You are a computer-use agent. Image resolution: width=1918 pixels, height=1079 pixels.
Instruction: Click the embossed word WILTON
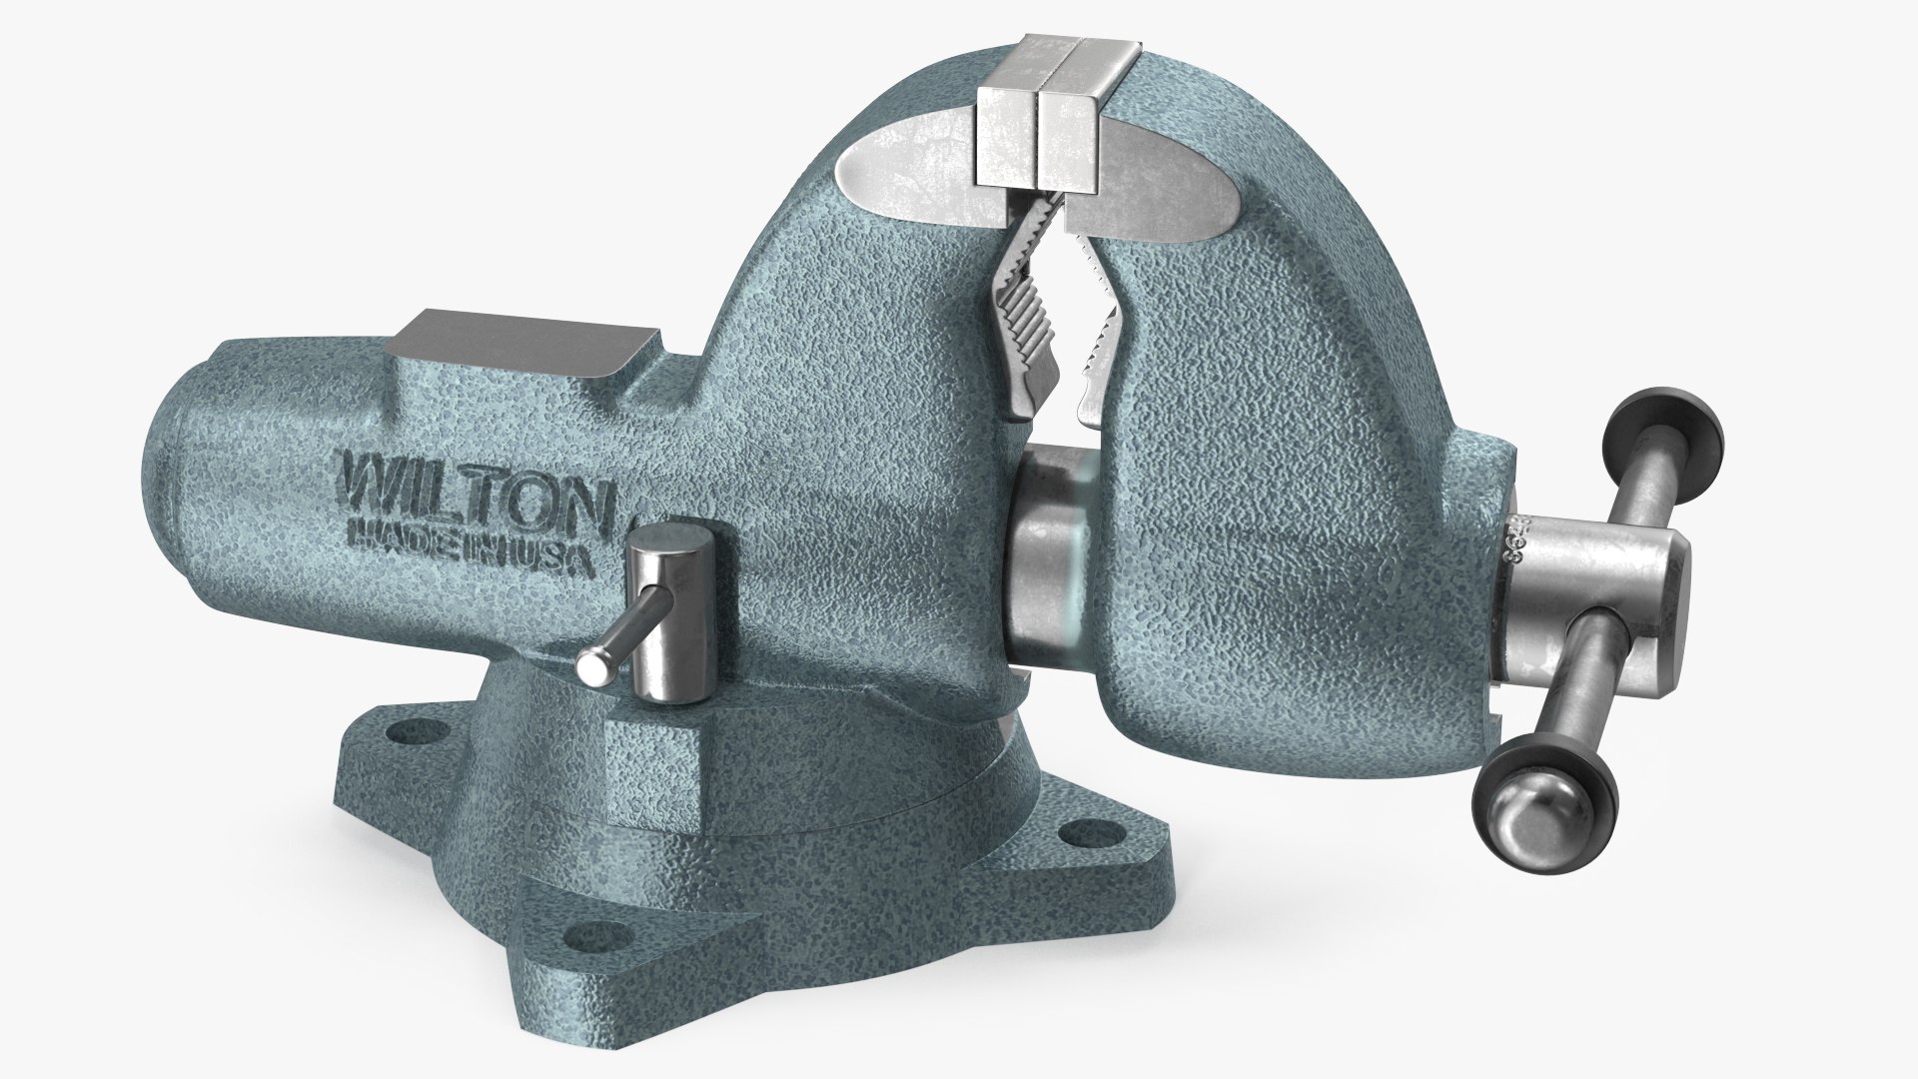476,507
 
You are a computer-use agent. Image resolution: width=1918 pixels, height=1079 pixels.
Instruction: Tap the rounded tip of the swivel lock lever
591,666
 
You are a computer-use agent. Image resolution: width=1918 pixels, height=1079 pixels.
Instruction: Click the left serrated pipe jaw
1021,340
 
